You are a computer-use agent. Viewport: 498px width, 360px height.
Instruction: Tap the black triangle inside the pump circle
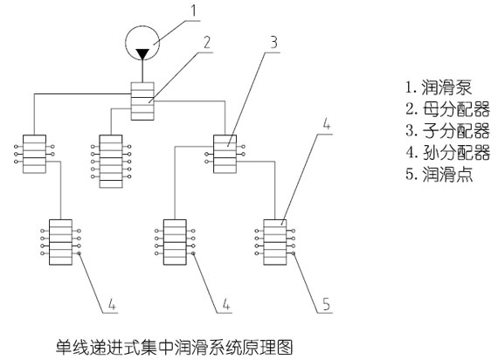(142, 54)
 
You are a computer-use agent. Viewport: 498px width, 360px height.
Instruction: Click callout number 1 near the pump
(193, 10)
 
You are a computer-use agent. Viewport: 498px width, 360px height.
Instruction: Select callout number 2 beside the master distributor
(207, 42)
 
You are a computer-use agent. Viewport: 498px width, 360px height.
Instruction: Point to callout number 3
(273, 42)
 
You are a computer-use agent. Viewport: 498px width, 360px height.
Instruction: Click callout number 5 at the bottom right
(327, 304)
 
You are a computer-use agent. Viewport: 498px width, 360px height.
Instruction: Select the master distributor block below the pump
(142, 101)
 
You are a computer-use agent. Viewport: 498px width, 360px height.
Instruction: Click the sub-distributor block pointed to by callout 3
(225, 154)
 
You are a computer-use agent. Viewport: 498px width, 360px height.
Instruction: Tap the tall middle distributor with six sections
(111, 162)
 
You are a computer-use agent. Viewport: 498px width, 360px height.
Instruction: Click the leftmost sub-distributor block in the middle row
(34, 154)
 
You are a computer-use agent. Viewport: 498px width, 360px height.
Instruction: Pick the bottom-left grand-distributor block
(60, 242)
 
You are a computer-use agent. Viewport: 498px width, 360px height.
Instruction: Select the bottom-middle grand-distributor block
(175, 242)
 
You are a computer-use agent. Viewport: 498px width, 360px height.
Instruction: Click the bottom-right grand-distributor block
(275, 242)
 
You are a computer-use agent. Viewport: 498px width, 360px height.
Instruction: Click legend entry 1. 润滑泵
(439, 87)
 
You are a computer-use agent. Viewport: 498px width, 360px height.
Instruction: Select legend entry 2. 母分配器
(448, 109)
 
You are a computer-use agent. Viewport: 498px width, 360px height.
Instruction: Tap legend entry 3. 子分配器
(448, 131)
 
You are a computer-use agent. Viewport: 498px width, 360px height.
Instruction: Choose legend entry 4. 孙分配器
(448, 153)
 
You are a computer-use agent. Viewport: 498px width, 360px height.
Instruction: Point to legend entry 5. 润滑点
(439, 175)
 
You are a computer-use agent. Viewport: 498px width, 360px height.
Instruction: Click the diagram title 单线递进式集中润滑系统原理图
(174, 347)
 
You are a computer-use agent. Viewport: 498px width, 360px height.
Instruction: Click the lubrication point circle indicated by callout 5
(294, 253)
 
